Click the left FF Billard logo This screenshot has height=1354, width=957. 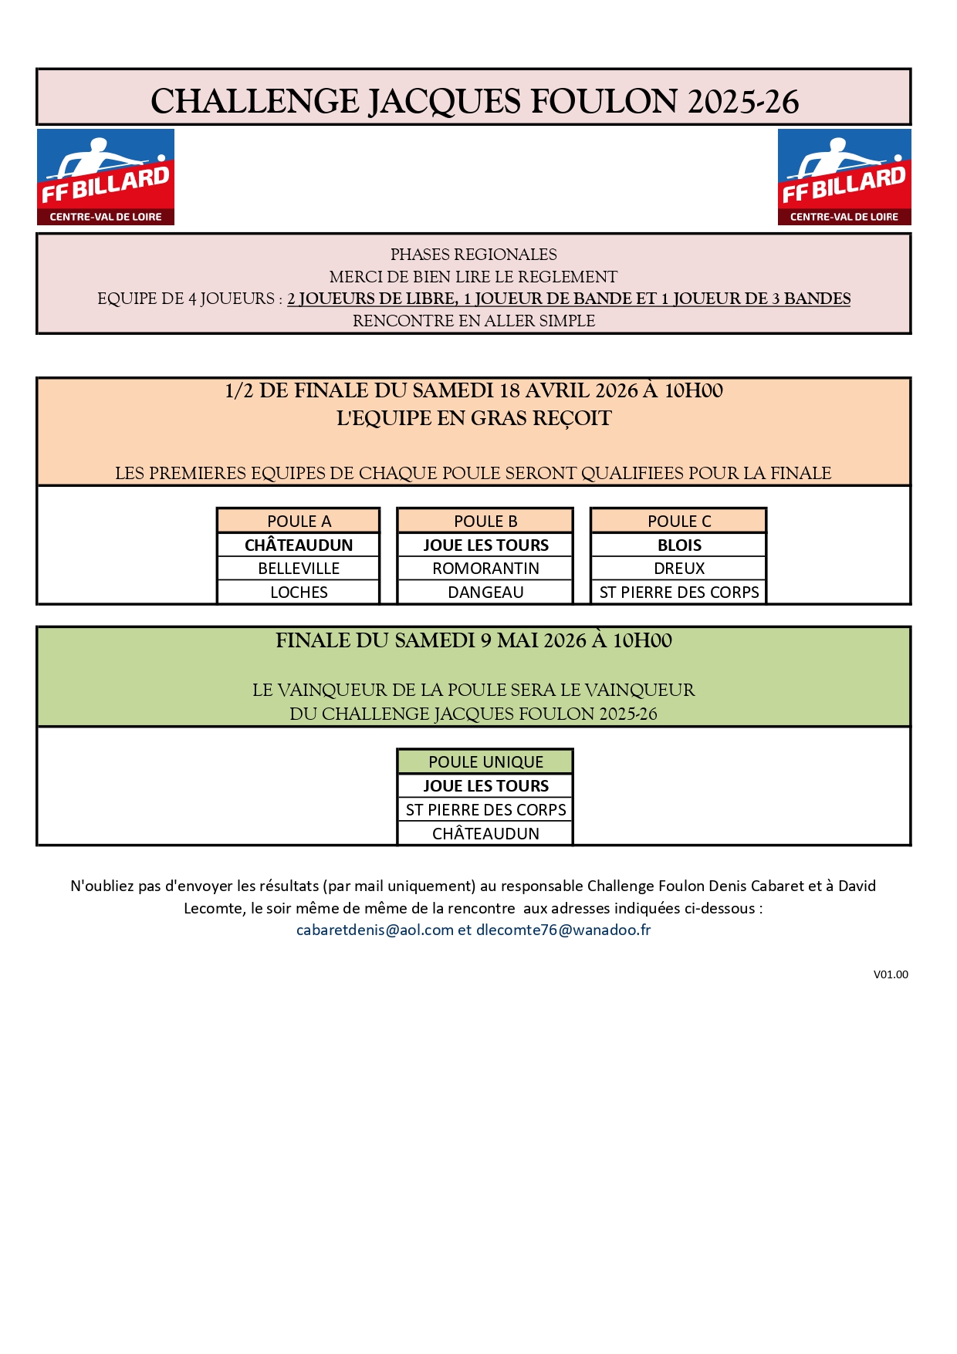tap(106, 177)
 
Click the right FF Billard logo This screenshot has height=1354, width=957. tap(844, 177)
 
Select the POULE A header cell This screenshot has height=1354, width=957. tap(299, 522)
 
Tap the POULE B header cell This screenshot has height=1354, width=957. tap(485, 522)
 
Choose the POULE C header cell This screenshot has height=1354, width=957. tap(679, 522)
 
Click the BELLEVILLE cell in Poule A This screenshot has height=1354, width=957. tap(299, 569)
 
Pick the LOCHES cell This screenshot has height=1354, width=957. tap(299, 593)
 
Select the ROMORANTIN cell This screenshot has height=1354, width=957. tap(485, 569)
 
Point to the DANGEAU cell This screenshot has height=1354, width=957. tap(485, 593)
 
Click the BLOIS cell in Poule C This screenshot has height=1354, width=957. tap(679, 545)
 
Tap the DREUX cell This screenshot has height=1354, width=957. tap(679, 569)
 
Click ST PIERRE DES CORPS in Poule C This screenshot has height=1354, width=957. tap(679, 593)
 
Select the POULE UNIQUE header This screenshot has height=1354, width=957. tap(485, 762)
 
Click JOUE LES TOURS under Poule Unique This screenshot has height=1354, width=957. tap(485, 786)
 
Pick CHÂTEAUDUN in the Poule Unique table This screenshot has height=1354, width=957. tap(485, 834)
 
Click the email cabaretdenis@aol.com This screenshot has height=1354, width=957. tap(375, 930)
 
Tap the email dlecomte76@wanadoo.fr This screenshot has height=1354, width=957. tap(563, 930)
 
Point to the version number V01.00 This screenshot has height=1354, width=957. tap(891, 975)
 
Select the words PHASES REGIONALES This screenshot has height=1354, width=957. tap(473, 255)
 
